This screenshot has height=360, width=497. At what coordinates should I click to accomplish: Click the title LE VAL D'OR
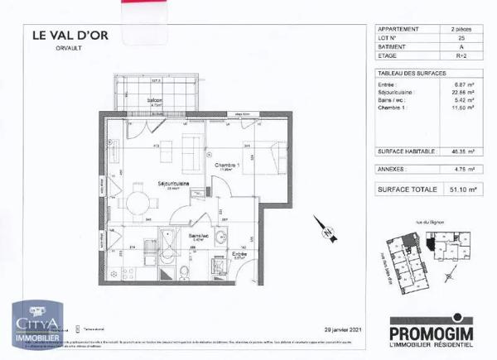pos(70,35)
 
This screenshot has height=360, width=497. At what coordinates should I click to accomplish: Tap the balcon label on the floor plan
pos(155,100)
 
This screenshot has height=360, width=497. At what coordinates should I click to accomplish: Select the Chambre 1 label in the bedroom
pos(228,165)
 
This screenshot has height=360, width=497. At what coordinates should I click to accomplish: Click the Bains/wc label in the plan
pos(196,235)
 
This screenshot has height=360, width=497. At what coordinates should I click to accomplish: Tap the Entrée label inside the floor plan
pos(239,254)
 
